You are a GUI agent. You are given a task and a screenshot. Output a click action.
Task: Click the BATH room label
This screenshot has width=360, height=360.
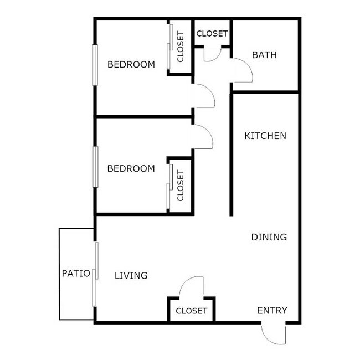point(264,55)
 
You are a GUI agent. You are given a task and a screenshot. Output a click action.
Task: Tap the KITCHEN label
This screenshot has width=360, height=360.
point(265,136)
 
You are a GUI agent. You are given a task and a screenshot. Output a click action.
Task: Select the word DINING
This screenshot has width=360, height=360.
point(269,238)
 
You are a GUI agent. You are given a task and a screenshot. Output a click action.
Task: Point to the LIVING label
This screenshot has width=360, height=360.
point(131,275)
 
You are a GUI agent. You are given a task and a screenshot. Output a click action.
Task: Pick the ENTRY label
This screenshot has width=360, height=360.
point(272,310)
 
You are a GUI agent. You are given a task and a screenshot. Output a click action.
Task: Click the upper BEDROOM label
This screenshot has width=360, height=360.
point(131,65)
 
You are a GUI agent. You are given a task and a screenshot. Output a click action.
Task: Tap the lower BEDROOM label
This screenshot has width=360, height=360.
point(131,168)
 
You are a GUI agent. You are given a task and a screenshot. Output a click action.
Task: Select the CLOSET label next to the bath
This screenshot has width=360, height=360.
point(212,33)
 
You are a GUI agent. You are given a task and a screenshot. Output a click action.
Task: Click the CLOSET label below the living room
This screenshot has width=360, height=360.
point(191,311)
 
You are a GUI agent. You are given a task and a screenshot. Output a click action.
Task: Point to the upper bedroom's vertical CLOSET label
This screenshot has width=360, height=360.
point(180,47)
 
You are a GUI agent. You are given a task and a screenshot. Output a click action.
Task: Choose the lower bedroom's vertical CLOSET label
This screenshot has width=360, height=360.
point(180,186)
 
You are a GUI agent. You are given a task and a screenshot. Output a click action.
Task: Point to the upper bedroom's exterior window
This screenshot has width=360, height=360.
point(95,65)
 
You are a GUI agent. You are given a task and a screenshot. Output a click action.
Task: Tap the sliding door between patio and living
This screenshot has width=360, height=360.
point(96,274)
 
